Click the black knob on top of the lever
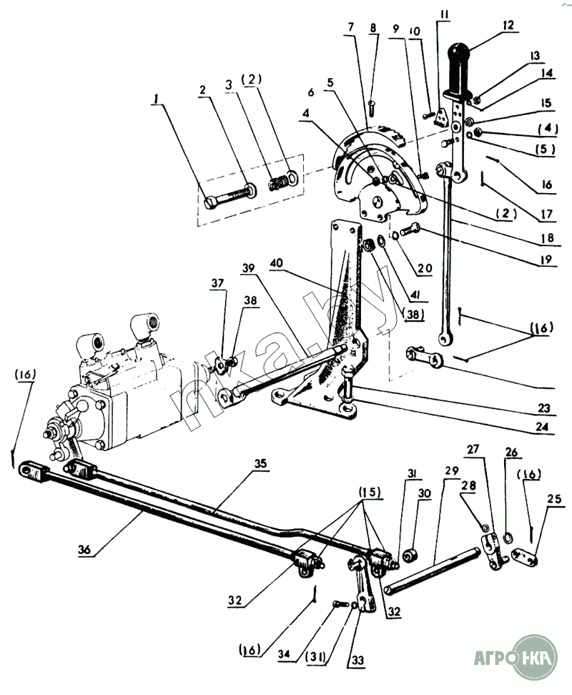[458, 72]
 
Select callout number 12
[508, 25]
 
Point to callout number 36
[84, 550]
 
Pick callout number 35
[260, 463]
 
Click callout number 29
[451, 470]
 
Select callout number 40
[277, 263]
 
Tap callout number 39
[249, 268]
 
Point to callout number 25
[554, 499]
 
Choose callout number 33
[357, 660]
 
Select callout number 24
[542, 426]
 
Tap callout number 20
[425, 268]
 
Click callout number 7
[351, 27]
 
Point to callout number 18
[548, 237]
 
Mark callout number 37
[217, 282]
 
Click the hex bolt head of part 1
[210, 204]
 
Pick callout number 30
[424, 493]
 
